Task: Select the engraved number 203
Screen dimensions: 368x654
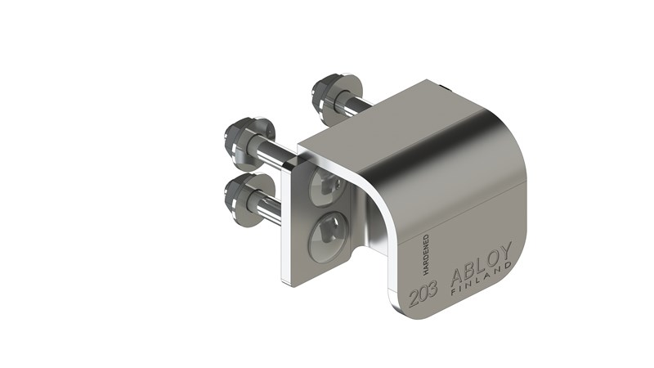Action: tap(423, 290)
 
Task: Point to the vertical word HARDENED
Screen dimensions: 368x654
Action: tap(426, 254)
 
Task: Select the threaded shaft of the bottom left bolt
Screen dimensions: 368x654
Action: tap(268, 204)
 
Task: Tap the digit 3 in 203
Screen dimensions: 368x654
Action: tap(433, 287)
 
